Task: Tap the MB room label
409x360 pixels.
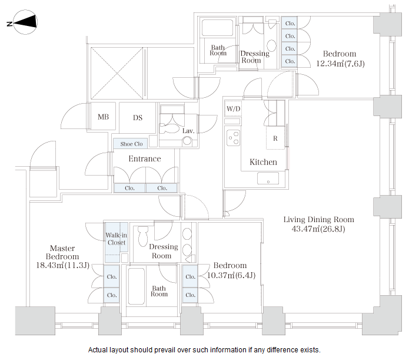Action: pyautogui.click(x=103, y=117)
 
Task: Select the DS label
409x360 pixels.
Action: pyautogui.click(x=138, y=118)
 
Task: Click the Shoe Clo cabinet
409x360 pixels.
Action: pyautogui.click(x=131, y=144)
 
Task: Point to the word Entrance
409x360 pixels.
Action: pyautogui.click(x=145, y=158)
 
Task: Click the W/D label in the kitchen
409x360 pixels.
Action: pyautogui.click(x=234, y=108)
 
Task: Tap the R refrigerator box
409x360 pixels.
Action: pyautogui.click(x=275, y=138)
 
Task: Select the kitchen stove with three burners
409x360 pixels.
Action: pyautogui.click(x=233, y=138)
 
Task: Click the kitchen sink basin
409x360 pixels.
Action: pyautogui.click(x=268, y=179)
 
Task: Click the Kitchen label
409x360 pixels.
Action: pyautogui.click(x=263, y=162)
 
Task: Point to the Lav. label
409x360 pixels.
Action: pyautogui.click(x=188, y=131)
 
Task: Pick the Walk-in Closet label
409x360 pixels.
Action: pyautogui.click(x=117, y=239)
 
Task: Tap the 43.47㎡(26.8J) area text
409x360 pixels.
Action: pyautogui.click(x=318, y=229)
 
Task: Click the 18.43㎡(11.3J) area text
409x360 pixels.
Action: pyautogui.click(x=62, y=265)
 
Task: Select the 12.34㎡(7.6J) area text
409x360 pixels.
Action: pyautogui.click(x=340, y=64)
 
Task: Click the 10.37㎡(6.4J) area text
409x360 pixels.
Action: pyautogui.click(x=231, y=275)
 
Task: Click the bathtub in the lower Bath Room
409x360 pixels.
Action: pyautogui.click(x=137, y=286)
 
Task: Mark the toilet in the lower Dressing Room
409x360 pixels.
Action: pyautogui.click(x=142, y=236)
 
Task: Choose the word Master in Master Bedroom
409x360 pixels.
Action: pyautogui.click(x=62, y=248)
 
